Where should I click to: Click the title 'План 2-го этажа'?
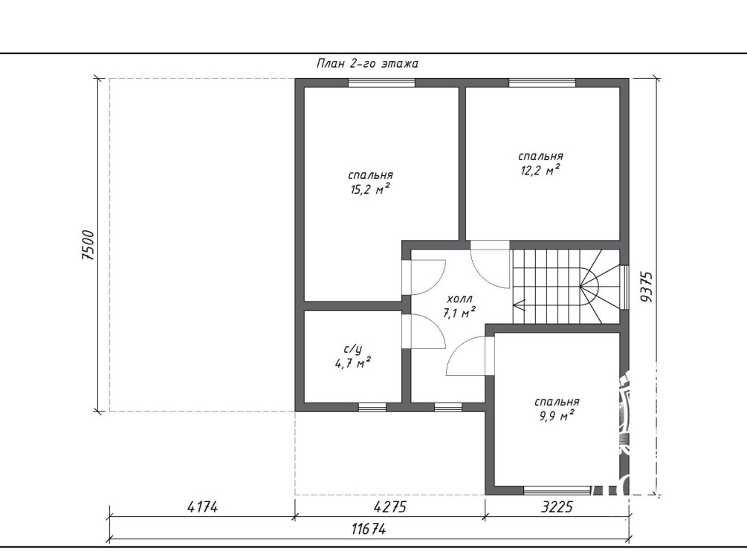coord(367,64)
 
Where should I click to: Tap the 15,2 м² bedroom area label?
coord(371,183)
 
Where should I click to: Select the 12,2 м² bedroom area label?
coord(540,163)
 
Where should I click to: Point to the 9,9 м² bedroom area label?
coord(557,409)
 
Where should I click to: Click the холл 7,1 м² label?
coord(460,306)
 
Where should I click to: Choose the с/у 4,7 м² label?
coord(353,356)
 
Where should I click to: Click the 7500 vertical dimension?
coord(88,245)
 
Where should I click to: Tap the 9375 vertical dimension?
coord(647,287)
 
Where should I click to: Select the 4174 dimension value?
coord(202,507)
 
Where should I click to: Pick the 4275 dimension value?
coord(390,507)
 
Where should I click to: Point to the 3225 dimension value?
coord(557,507)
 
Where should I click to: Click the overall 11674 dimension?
coord(369,529)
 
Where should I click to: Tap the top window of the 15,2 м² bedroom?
coord(381,83)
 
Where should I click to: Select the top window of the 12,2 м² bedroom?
coord(543,83)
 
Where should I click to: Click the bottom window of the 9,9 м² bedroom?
coord(557,490)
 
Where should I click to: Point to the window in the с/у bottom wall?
coord(372,407)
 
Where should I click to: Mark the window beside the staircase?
coord(624,287)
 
